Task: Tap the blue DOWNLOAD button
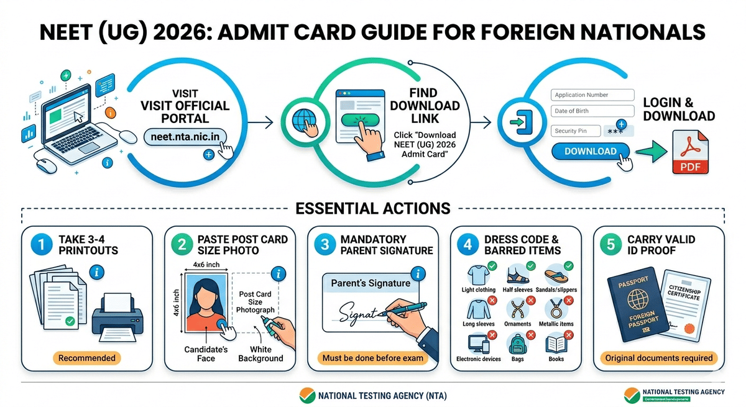pyautogui.click(x=590, y=151)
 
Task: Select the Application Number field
pyautogui.click(x=588, y=95)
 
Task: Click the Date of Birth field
pyautogui.click(x=588, y=111)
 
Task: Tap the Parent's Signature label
pyautogui.click(x=371, y=283)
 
